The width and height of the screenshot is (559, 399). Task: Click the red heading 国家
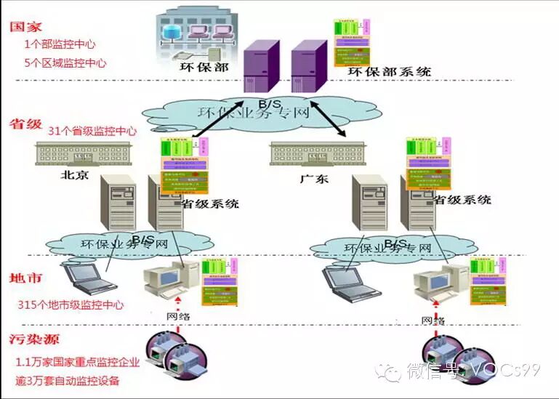[x=25, y=27]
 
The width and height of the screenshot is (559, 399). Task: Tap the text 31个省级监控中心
[x=92, y=132]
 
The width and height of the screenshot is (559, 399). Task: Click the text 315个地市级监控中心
[x=71, y=305]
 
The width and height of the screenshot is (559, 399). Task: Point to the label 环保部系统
[x=390, y=71]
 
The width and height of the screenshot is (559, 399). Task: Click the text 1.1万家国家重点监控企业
[x=77, y=361]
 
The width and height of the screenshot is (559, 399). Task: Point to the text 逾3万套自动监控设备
[x=68, y=380]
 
